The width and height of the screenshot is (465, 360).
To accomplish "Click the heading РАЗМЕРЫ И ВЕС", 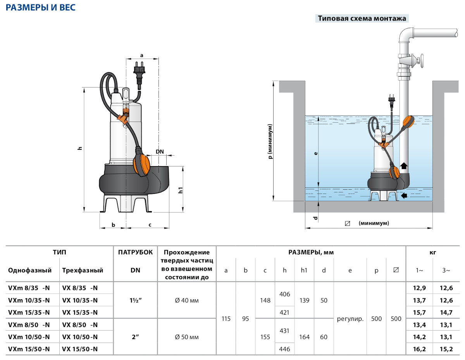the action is (x=40, y=7).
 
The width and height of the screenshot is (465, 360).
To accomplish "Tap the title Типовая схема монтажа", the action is (x=362, y=18).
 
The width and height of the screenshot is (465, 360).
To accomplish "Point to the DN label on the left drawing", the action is (x=160, y=152).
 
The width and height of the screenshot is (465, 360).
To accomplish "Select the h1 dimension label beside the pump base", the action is (x=181, y=190).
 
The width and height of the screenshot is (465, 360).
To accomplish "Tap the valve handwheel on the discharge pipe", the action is (x=422, y=61).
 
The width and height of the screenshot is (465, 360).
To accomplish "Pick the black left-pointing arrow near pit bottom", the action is (x=404, y=195).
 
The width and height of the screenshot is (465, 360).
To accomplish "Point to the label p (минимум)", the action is (x=270, y=141).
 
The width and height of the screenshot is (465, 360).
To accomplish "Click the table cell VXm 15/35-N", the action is (x=29, y=312).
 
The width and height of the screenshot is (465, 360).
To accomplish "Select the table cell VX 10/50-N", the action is (x=80, y=337).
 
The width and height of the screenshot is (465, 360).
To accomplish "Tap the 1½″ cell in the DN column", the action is (x=135, y=300).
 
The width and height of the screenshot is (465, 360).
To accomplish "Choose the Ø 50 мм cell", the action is (x=187, y=337).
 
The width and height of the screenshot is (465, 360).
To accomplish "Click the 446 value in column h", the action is (x=284, y=349).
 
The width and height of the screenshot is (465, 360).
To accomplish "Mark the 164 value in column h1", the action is (x=304, y=337).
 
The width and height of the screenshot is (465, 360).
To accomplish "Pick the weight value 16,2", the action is (x=419, y=349).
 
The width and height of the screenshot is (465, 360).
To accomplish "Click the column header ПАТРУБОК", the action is (x=135, y=252).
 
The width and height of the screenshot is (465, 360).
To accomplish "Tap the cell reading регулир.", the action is (x=350, y=319).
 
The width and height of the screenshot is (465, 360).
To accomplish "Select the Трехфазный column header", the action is (x=83, y=270).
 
